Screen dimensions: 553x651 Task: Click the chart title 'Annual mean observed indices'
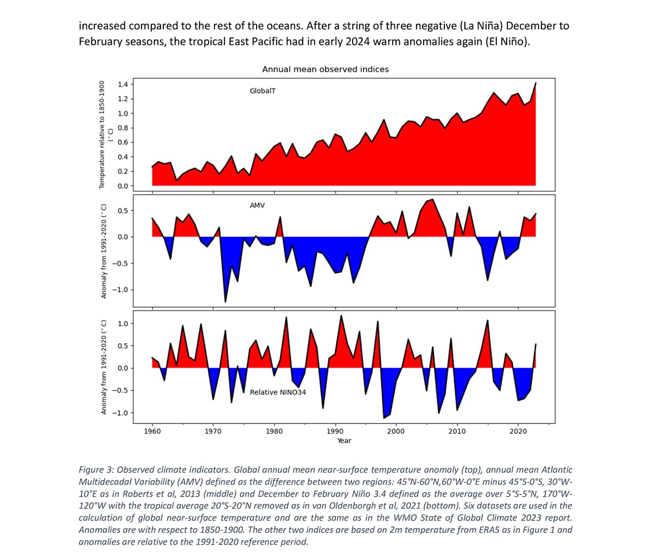click(325, 69)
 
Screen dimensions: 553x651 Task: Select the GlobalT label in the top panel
click(263, 91)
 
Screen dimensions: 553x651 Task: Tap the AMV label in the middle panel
click(257, 206)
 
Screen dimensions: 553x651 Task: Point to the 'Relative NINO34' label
click(278, 392)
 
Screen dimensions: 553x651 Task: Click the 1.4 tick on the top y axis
click(123, 85)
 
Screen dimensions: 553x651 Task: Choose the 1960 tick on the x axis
click(152, 431)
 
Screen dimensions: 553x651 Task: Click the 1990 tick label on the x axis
click(335, 431)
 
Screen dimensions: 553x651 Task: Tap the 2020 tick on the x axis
click(518, 431)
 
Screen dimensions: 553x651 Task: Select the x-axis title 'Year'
click(344, 441)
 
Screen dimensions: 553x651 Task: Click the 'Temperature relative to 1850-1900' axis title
click(101, 135)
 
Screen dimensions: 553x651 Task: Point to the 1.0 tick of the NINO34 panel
click(123, 324)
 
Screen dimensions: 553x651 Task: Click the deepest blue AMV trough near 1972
click(225, 301)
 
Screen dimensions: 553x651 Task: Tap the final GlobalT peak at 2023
click(536, 83)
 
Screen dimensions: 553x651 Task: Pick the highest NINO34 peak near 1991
click(341, 316)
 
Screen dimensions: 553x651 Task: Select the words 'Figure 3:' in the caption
click(96, 470)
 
